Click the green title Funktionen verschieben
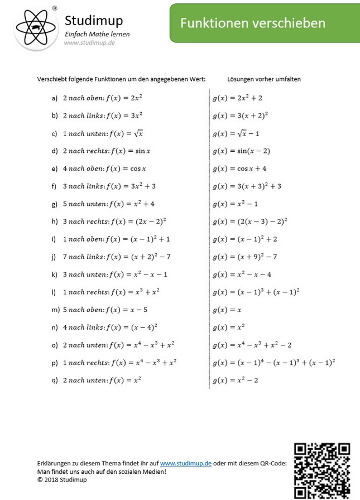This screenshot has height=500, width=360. [x=252, y=23]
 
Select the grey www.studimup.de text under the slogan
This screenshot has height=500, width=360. [x=89, y=42]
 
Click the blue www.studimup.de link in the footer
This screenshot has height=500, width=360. [x=185, y=463]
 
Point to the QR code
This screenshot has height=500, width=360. [x=322, y=471]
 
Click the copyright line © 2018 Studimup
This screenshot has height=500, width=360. [x=62, y=479]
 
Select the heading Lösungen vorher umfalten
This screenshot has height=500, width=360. [x=264, y=79]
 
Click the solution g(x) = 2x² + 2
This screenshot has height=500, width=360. [x=237, y=98]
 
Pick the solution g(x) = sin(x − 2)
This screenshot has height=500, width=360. [x=241, y=151]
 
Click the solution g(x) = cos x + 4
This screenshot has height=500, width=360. [x=239, y=169]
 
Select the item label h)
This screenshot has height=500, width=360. [x=55, y=222]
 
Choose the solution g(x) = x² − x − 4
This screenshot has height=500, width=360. [x=242, y=275]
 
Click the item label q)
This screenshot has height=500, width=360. [x=55, y=381]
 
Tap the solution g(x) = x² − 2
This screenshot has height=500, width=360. [x=235, y=381]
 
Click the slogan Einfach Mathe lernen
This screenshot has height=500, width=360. [x=97, y=34]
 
